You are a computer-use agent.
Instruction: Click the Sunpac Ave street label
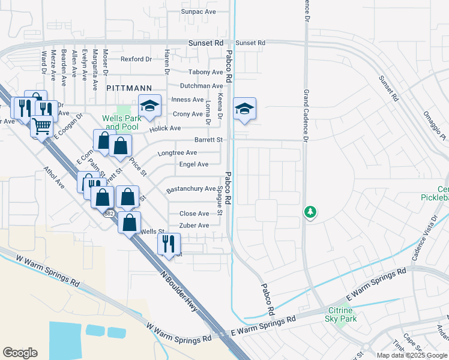(x=198, y=11)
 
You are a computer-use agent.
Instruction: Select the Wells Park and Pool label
(x=122, y=122)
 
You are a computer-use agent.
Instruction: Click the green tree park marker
(x=310, y=212)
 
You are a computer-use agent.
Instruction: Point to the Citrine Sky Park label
(x=342, y=314)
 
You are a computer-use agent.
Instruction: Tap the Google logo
(x=20, y=353)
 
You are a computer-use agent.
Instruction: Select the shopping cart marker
(x=41, y=127)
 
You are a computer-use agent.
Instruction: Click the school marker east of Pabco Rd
(x=244, y=109)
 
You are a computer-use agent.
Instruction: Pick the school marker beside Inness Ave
(x=149, y=106)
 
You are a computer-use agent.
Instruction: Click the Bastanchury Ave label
(x=191, y=189)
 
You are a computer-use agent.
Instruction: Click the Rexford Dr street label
(x=136, y=59)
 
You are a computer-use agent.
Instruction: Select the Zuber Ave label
(x=194, y=226)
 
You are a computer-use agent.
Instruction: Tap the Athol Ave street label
(x=53, y=176)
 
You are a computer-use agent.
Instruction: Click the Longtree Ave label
(x=177, y=153)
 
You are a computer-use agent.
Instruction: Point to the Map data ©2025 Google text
(x=412, y=355)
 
